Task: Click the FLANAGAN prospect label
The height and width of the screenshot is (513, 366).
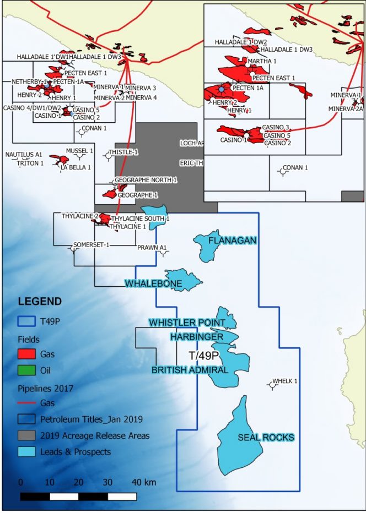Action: point(225,241)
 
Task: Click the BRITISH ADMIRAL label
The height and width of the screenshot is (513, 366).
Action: point(190,370)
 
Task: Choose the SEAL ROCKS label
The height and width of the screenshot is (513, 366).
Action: point(266,438)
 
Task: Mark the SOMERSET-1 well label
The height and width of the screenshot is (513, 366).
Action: point(91,244)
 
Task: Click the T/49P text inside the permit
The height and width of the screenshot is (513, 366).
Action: point(204,356)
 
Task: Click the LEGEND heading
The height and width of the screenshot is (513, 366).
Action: point(40,302)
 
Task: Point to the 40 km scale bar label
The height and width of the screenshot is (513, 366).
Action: point(144,482)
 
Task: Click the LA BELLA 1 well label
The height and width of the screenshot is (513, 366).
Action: point(76,167)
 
